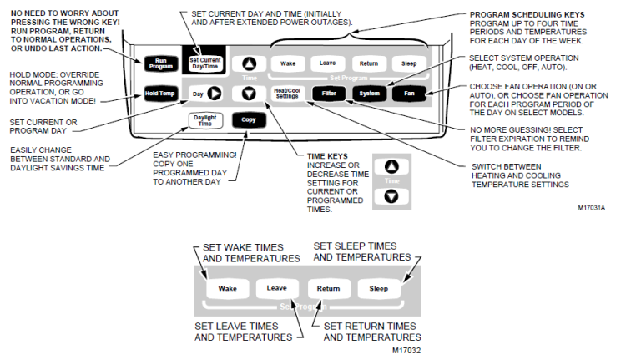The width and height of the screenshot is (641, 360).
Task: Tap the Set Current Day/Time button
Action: click(x=204, y=63)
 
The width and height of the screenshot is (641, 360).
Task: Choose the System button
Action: click(x=368, y=93)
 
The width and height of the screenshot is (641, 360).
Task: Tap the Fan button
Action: click(x=409, y=93)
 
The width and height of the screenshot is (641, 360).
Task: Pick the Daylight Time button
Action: click(x=204, y=119)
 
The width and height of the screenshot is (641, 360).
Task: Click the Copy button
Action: click(x=248, y=119)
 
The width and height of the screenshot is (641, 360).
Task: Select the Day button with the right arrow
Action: click(x=205, y=93)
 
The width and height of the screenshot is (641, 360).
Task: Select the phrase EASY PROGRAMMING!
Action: click(x=194, y=155)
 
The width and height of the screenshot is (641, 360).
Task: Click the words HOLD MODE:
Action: click(x=34, y=74)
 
